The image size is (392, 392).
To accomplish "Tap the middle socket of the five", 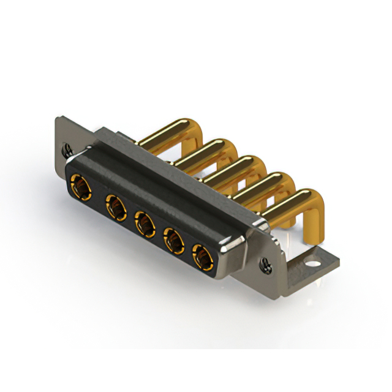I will [x=145, y=225].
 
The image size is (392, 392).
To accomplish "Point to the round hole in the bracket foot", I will [x=313, y=266].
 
